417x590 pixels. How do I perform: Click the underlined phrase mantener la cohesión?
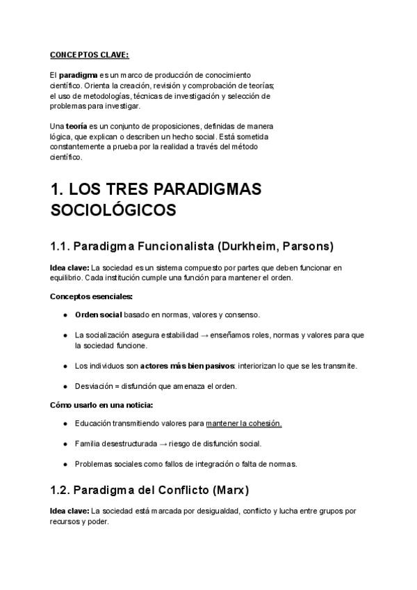[x=243, y=423]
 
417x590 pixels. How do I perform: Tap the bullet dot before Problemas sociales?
[x=65, y=463]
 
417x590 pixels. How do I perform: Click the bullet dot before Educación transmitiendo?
[x=65, y=423]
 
